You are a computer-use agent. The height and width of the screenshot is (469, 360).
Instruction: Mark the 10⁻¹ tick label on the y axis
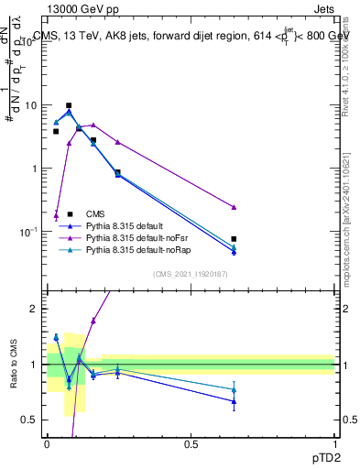[x=27, y=233]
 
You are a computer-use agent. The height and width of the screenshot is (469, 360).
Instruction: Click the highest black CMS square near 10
[x=69, y=106]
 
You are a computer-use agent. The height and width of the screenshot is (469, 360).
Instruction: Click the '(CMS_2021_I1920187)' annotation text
[x=190, y=274]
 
